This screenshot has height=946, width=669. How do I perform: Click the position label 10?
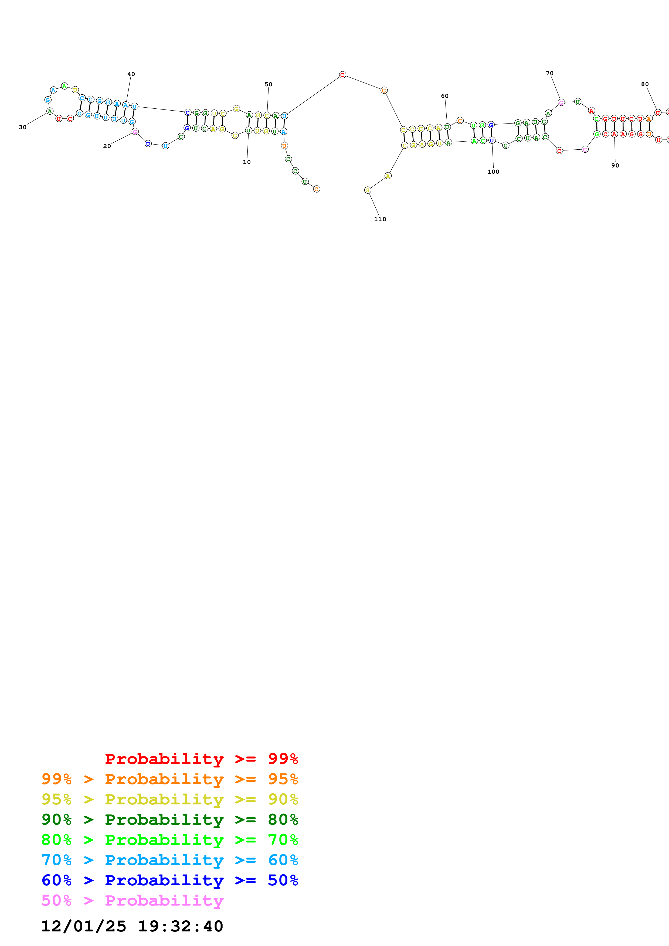point(246,162)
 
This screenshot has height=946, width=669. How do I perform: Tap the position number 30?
point(23,127)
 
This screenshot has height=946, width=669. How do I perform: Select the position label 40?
point(131,74)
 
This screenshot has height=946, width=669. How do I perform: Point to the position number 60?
point(445,96)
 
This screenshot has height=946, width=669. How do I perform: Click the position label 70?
point(549,73)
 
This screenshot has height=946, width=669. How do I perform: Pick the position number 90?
point(615,166)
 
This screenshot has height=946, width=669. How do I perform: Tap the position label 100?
point(493,172)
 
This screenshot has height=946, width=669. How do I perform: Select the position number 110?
point(380,219)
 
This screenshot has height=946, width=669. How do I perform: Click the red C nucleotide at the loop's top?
point(342,75)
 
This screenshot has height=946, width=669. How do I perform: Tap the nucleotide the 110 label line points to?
point(368,190)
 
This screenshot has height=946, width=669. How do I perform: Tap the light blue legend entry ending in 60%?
point(169,860)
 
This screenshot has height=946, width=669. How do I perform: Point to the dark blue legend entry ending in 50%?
point(169,880)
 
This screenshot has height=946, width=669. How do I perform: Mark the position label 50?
point(268,84)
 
